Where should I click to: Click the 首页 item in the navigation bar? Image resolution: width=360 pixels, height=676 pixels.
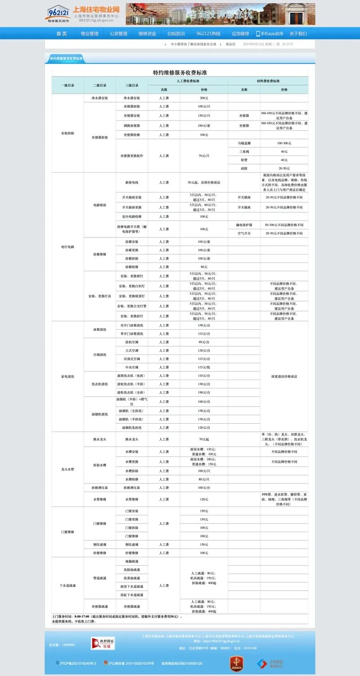62,34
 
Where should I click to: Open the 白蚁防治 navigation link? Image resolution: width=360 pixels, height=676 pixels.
176,34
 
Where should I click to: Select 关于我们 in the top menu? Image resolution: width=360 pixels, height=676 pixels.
298,34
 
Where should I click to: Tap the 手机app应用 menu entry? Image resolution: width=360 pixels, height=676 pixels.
270,34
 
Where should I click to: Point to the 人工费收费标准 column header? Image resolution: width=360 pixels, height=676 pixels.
188,81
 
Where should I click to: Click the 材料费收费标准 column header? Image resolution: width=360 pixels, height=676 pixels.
268,81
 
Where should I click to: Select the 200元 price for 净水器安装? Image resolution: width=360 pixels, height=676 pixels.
204,98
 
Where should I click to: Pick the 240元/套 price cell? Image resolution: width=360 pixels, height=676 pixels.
204,126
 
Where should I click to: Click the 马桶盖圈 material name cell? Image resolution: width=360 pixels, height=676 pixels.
244,143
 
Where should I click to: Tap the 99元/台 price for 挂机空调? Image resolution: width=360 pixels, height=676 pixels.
204,342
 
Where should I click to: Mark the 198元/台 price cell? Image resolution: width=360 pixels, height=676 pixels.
204,393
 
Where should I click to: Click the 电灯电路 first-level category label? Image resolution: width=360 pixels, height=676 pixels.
67,247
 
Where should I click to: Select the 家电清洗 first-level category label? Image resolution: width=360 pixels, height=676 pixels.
67,376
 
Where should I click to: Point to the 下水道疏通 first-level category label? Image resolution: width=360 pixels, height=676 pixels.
67,586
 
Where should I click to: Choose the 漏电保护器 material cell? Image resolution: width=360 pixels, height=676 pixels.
244,225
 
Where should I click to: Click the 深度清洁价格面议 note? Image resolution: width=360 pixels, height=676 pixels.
284,376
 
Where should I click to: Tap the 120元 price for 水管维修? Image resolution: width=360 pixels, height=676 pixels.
204,499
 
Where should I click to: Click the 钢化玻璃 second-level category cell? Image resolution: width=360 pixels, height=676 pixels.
99,545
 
